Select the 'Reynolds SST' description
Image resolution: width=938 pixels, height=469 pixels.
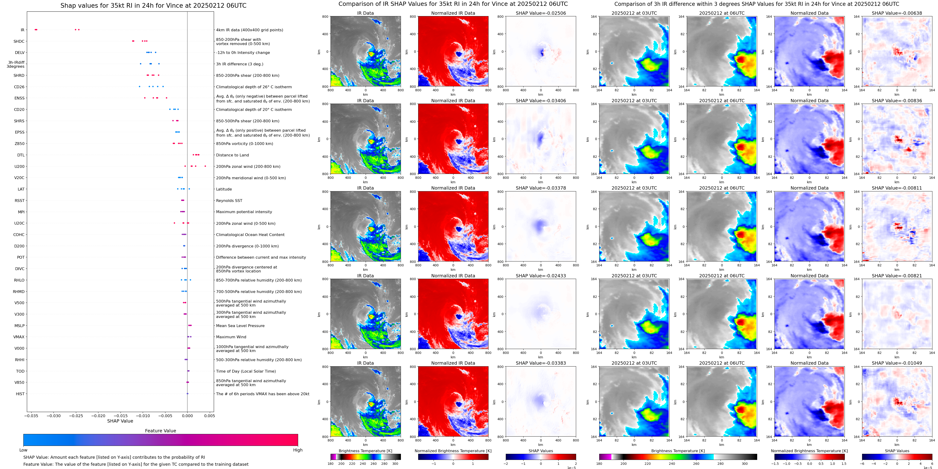229,201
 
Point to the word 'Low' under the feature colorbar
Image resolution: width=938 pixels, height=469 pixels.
23,450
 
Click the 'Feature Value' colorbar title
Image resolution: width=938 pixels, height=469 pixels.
160,431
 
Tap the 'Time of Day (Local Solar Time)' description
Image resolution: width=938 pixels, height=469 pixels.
246,371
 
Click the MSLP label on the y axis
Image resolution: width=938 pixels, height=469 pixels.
19,326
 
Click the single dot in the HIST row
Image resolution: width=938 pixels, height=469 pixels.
188,394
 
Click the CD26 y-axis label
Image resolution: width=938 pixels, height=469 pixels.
19,87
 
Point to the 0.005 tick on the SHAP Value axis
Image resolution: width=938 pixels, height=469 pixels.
209,416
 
